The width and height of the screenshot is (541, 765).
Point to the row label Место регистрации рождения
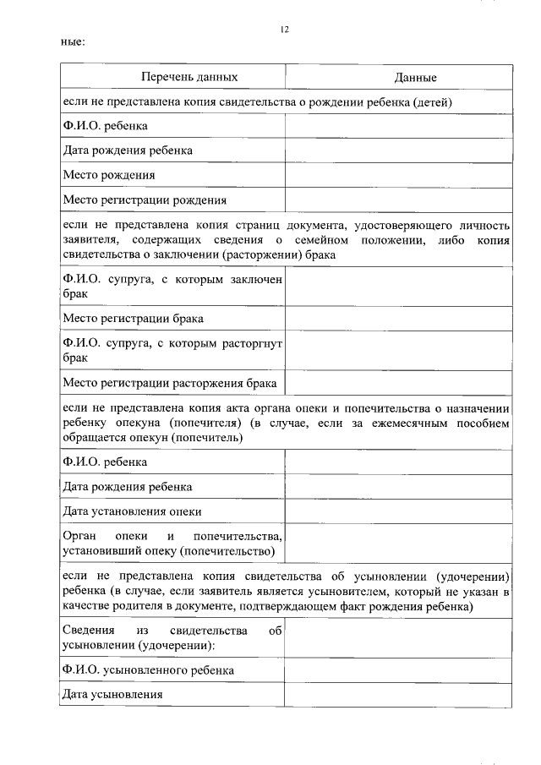click(x=145, y=200)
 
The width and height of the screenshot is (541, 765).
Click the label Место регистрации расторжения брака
click(x=170, y=383)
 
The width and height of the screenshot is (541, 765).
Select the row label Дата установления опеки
click(x=132, y=511)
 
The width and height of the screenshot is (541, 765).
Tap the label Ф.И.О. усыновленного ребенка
click(x=148, y=669)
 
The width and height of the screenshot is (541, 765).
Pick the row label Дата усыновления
click(x=112, y=694)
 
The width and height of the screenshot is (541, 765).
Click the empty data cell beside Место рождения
click(x=397, y=175)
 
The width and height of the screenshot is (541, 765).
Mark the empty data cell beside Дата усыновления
click(x=397, y=694)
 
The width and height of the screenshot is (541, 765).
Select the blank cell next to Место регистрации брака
click(x=397, y=319)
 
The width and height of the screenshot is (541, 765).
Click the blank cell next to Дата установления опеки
click(x=397, y=511)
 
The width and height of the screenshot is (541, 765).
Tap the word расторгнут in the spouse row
click(x=252, y=344)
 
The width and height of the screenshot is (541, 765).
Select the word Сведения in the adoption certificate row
click(x=89, y=631)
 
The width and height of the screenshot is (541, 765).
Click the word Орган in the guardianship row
click(x=79, y=537)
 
